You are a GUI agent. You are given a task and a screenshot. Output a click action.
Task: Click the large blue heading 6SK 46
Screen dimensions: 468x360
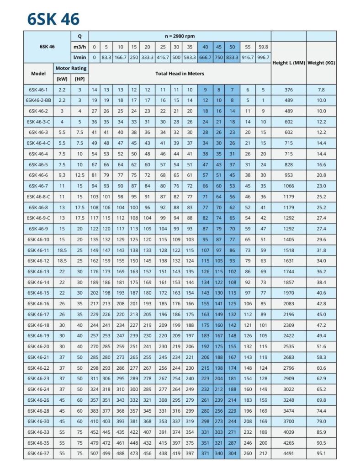(x=53, y=19)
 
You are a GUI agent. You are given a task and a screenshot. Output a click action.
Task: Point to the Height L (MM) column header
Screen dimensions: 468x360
(x=288, y=63)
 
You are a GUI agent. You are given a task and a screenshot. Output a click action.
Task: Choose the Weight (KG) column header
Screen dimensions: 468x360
(x=321, y=63)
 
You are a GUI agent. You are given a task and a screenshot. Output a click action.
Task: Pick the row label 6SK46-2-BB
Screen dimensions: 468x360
(x=38, y=100)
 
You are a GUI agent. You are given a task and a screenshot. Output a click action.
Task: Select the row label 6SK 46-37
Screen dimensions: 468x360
(x=38, y=453)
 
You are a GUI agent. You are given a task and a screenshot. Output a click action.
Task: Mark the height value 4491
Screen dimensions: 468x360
(x=288, y=453)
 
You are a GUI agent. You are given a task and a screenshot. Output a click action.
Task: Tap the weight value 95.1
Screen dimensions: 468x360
(x=321, y=453)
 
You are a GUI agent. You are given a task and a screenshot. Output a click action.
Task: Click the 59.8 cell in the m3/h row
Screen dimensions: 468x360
(x=263, y=47)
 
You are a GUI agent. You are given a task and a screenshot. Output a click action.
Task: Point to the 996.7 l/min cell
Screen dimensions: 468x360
(x=263, y=58)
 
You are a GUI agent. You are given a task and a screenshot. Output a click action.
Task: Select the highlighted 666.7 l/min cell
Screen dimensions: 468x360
(x=205, y=58)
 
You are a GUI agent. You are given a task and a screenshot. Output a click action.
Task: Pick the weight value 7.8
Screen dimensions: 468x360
(x=321, y=90)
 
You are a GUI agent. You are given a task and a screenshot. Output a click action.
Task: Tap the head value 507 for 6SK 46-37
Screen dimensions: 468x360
(x=95, y=453)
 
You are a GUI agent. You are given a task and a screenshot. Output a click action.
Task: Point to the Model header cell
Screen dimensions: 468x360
(x=38, y=73)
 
